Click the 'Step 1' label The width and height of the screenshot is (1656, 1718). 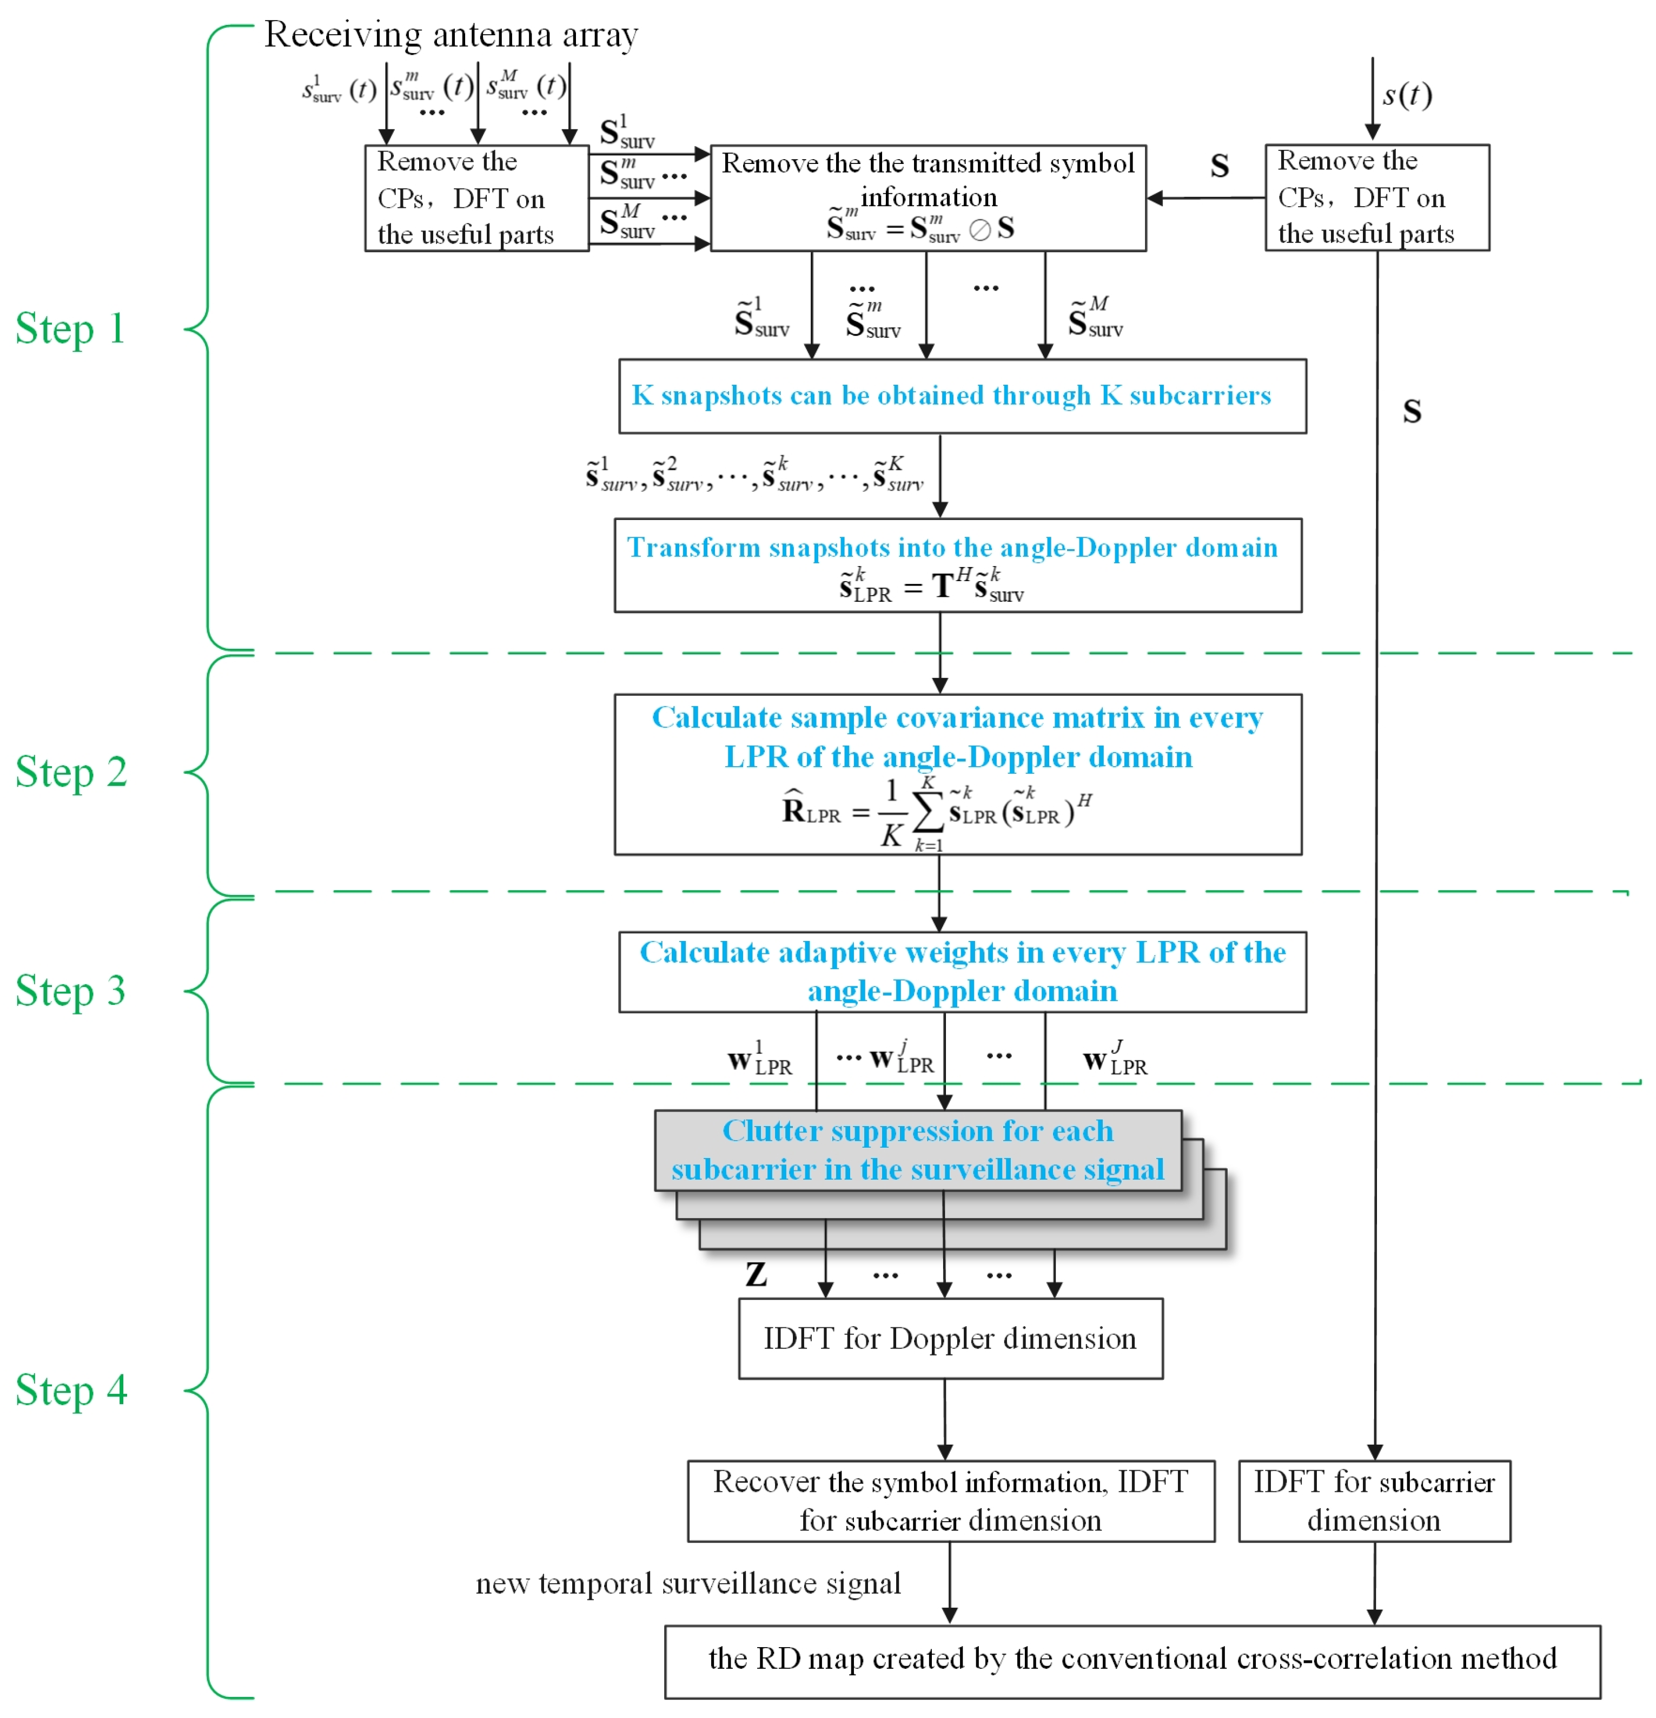click(70, 330)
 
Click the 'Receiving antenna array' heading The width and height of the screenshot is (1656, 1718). click(451, 35)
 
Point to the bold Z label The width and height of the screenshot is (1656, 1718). click(756, 1274)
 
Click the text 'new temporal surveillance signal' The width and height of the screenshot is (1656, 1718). click(688, 1584)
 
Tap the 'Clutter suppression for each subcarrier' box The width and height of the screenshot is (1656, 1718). click(917, 1150)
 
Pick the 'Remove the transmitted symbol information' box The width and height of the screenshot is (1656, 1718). click(927, 198)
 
